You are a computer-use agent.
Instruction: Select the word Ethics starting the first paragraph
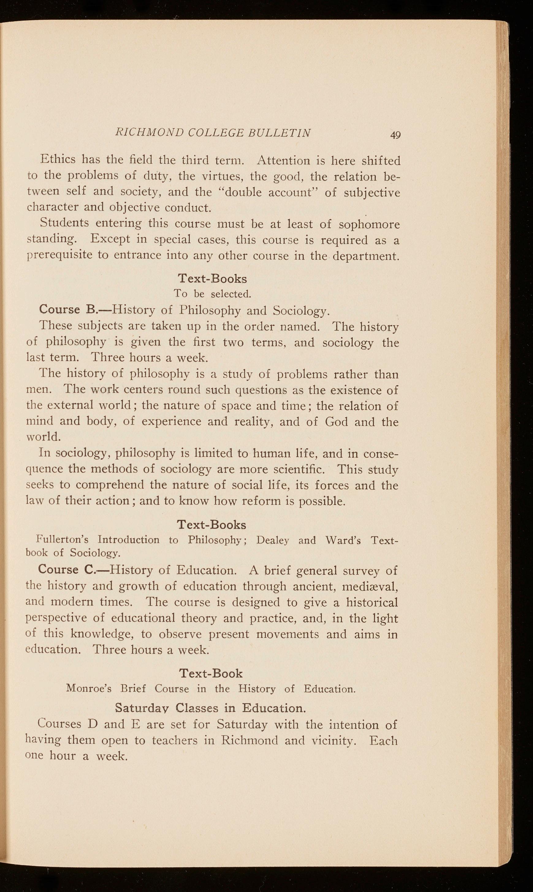[x=58, y=159]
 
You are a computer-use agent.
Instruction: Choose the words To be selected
[x=212, y=294]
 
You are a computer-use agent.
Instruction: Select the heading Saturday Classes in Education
[x=211, y=708]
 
